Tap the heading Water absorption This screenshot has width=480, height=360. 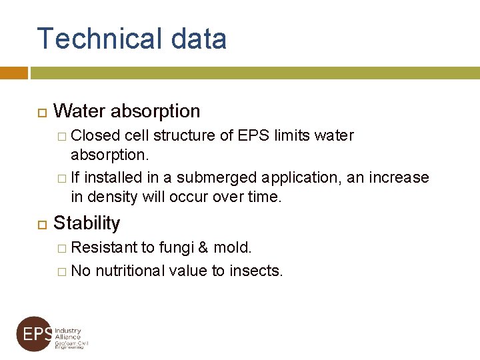coord(127,111)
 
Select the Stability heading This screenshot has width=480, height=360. coord(87,223)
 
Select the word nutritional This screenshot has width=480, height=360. coord(131,271)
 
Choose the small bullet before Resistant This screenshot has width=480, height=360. coord(61,249)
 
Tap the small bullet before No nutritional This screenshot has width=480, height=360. coord(61,271)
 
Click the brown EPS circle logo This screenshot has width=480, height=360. coord(34,334)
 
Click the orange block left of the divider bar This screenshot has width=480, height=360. coord(14,72)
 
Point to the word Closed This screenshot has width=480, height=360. coord(95,136)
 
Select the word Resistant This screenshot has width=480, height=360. coord(104,248)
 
